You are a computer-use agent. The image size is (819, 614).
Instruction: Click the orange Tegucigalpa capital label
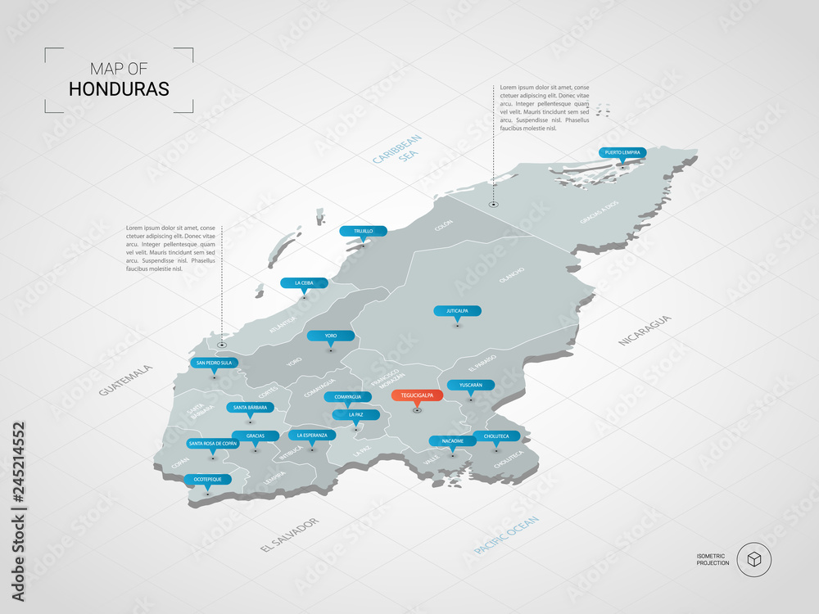coord(417,395)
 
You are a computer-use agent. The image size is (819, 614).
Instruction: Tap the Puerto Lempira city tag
coord(622,152)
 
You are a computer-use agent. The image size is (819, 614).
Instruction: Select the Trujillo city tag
coord(363,231)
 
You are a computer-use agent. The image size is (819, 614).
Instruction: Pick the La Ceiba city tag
coord(304,283)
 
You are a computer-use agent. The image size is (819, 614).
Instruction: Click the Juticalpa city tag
coord(458,311)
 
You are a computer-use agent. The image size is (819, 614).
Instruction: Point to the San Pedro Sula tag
coord(215,363)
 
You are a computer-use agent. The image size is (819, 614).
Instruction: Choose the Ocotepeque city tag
coord(208,479)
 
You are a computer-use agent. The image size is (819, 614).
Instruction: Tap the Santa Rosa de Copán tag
coord(213,444)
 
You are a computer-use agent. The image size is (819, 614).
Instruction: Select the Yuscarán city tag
coord(470,385)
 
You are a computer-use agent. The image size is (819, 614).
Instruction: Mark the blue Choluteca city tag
coord(496,436)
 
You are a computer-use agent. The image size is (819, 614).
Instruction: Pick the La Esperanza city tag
coord(312,436)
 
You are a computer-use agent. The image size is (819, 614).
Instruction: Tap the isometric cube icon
coord(753,560)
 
